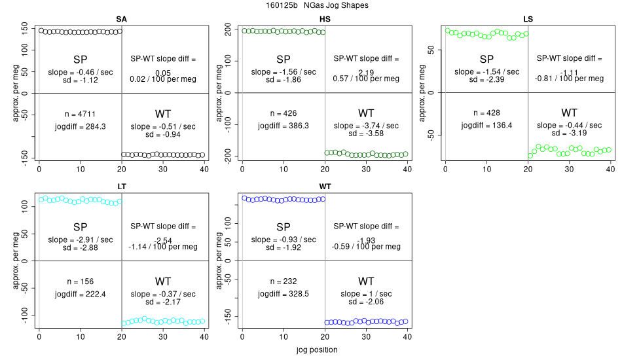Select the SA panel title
(121, 19)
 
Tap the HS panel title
(325, 19)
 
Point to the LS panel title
(528, 19)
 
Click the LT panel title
(121, 187)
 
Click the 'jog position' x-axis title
(314, 350)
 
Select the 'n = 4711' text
(81, 113)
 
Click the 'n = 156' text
(81, 281)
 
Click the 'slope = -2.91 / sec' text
(81, 239)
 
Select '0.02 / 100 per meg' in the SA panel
(163, 79)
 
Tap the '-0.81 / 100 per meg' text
(569, 79)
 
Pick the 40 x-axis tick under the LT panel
(204, 337)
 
